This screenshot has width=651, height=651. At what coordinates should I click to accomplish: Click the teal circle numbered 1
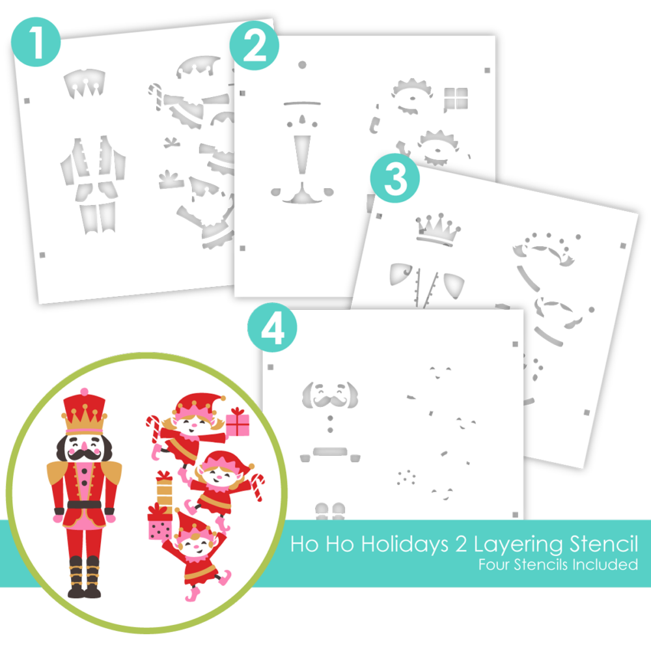tap(36, 42)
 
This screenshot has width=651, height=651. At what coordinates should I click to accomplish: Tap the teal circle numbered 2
tap(254, 46)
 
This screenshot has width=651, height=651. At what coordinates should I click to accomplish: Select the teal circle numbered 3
tap(395, 178)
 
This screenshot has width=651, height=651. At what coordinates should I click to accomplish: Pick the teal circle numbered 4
tap(272, 327)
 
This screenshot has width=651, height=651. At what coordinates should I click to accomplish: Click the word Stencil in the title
tap(603, 544)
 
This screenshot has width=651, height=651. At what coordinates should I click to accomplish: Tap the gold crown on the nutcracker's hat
tap(84, 419)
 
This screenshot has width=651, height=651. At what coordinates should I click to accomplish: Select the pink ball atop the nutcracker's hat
tap(84, 391)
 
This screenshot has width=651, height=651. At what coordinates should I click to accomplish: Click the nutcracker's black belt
tap(84, 505)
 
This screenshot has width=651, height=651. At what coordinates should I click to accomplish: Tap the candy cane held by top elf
tap(153, 428)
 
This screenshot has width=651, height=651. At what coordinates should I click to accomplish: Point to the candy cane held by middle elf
tap(258, 487)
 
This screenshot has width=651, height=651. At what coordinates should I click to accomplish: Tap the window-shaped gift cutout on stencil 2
tap(456, 99)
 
